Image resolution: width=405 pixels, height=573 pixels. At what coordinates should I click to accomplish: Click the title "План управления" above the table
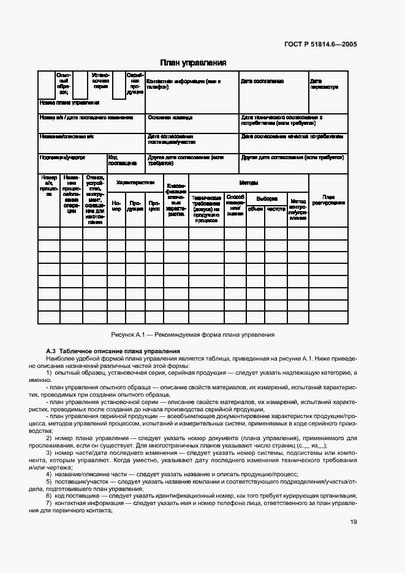pyautogui.click(x=193, y=62)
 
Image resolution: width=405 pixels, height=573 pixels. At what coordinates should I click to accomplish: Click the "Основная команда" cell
pyautogui.click(x=170, y=118)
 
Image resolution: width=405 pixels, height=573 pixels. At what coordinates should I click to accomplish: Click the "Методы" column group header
pyautogui.click(x=248, y=182)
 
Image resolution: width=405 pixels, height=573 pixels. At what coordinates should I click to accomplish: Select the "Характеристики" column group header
pyautogui.click(x=135, y=182)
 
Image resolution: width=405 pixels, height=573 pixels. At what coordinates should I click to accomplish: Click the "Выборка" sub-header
pyautogui.click(x=267, y=198)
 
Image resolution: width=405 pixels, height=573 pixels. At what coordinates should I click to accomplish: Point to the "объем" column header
pyautogui.click(x=255, y=209)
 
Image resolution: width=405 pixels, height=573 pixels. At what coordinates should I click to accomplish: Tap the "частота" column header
pyautogui.click(x=276, y=209)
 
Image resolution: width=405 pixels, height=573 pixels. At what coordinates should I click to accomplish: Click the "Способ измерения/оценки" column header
pyautogui.click(x=235, y=205)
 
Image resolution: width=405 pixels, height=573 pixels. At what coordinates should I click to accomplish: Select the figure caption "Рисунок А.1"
pyautogui.click(x=193, y=335)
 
